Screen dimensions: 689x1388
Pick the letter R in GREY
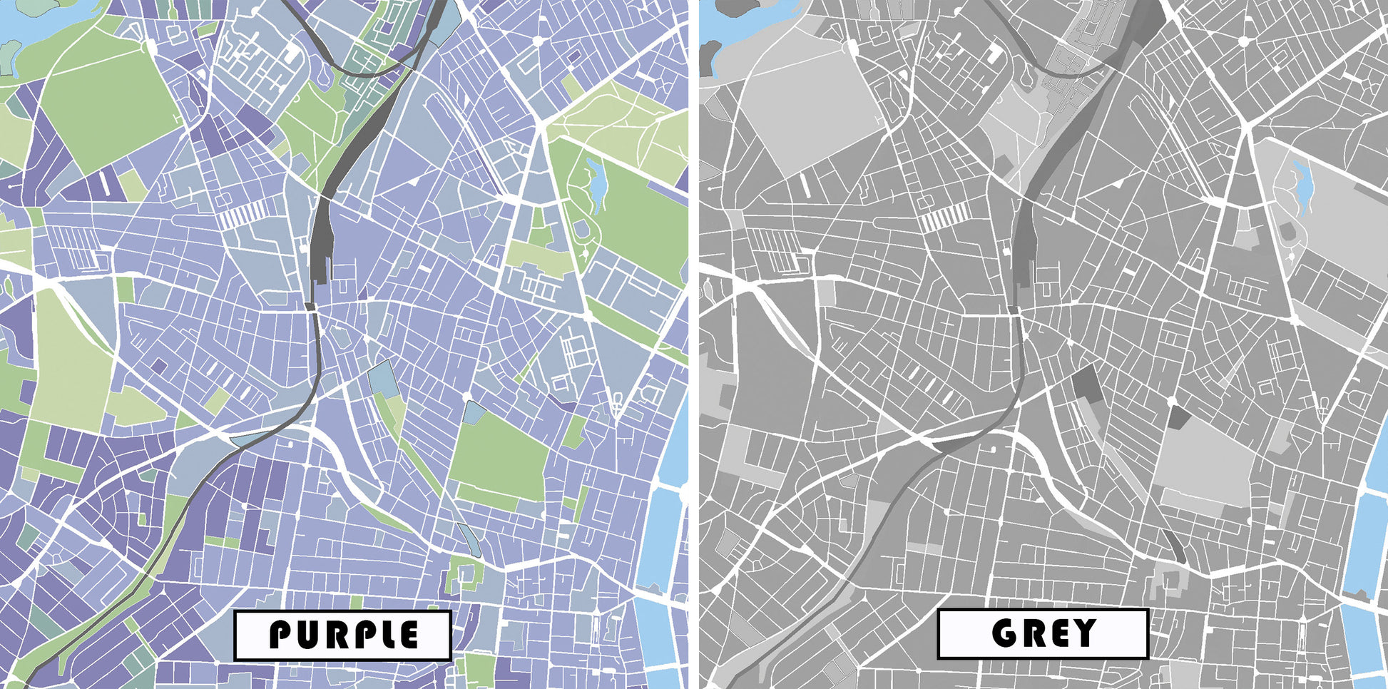(x=1032, y=633)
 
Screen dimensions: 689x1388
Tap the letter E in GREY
(x=1057, y=633)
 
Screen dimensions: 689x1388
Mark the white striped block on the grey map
(x=945, y=216)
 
